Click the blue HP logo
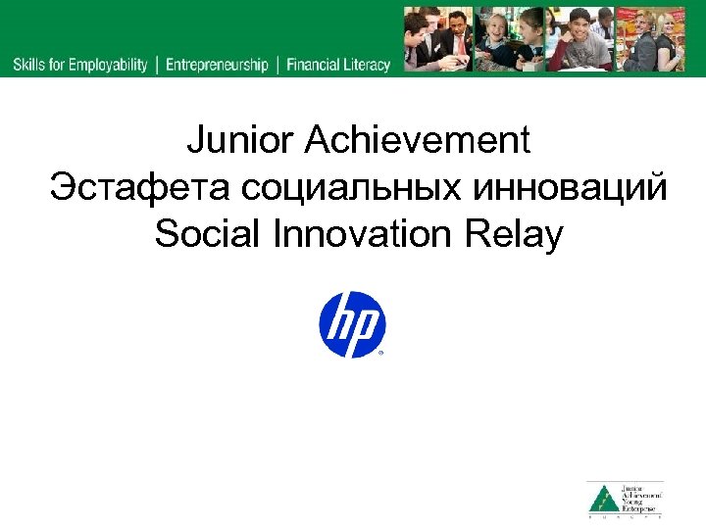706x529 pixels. click(x=352, y=324)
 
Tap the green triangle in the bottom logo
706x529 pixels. click(x=601, y=501)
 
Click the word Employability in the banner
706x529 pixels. click(x=108, y=66)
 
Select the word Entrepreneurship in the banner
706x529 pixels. click(x=216, y=66)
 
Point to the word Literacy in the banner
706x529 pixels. click(x=367, y=66)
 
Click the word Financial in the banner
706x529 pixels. click(x=313, y=66)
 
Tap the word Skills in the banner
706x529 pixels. click(x=30, y=66)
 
